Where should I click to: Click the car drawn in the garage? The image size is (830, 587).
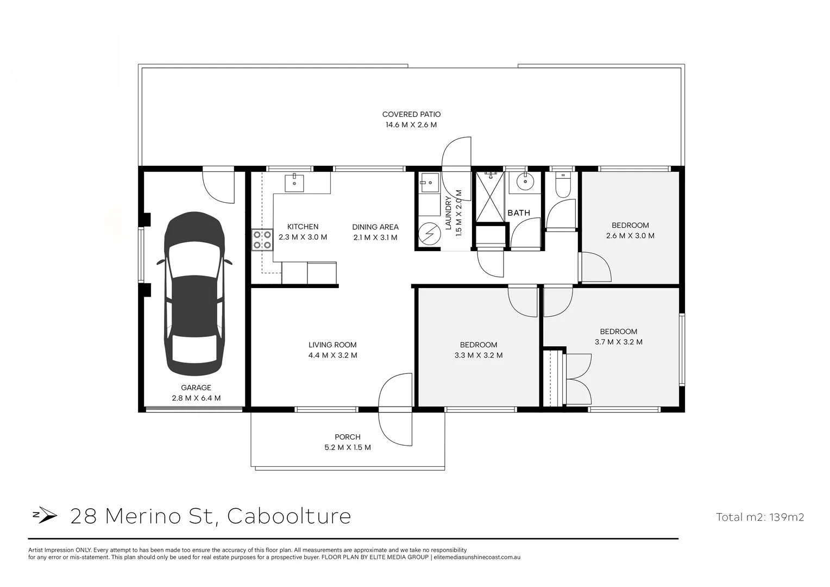(x=195, y=293)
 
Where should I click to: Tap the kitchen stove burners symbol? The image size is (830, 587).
(x=262, y=240)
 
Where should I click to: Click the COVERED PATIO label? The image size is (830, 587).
(x=411, y=115)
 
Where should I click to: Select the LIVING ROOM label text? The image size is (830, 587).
(x=332, y=345)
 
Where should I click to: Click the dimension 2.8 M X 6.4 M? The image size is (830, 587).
(x=196, y=398)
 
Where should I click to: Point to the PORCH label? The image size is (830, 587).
(x=348, y=437)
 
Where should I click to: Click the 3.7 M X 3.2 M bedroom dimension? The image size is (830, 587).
(x=619, y=342)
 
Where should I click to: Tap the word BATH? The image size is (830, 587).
(x=519, y=213)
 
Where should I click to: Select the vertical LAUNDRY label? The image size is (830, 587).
(x=449, y=213)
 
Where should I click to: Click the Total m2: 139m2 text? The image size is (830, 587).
(x=759, y=517)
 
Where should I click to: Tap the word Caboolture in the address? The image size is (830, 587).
(x=289, y=515)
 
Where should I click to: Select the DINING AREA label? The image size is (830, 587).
(x=375, y=227)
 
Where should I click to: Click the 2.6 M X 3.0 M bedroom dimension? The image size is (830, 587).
(x=630, y=236)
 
